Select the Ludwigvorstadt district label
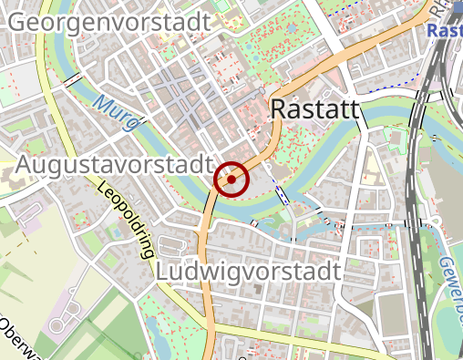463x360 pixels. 248,272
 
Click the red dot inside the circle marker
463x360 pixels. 231,180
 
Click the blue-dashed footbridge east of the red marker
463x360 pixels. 283,194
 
